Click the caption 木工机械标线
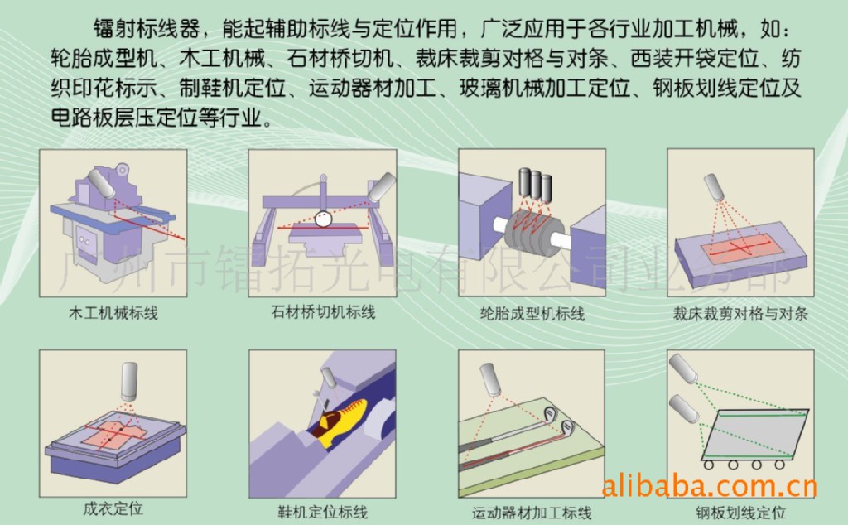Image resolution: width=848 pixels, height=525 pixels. tap(113, 313)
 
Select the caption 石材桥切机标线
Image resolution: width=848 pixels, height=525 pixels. tap(323, 312)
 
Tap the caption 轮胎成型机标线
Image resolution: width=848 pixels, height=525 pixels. tap(532, 314)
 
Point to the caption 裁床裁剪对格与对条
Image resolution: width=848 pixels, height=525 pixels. tap(740, 314)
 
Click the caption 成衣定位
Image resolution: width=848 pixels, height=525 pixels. tap(113, 508)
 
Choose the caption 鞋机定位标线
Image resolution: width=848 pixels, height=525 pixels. tap(323, 512)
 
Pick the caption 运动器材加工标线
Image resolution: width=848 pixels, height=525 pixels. tap(532, 513)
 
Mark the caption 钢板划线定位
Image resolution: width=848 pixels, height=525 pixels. tap(740, 513)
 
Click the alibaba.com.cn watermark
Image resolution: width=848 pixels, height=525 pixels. tap(709, 487)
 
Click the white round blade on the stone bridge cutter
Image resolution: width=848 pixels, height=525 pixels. tap(324, 219)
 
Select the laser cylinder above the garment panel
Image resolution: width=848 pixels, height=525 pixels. tap(129, 382)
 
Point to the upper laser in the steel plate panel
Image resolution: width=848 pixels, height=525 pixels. tap(683, 368)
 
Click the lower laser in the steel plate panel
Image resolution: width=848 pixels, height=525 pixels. tap(683, 409)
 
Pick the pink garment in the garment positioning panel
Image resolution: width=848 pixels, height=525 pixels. tap(114, 433)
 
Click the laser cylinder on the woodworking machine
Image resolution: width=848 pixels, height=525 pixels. tap(101, 184)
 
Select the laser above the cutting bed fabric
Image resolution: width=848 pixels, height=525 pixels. tap(714, 187)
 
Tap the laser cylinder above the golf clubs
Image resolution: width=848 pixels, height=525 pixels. tap(490, 379)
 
